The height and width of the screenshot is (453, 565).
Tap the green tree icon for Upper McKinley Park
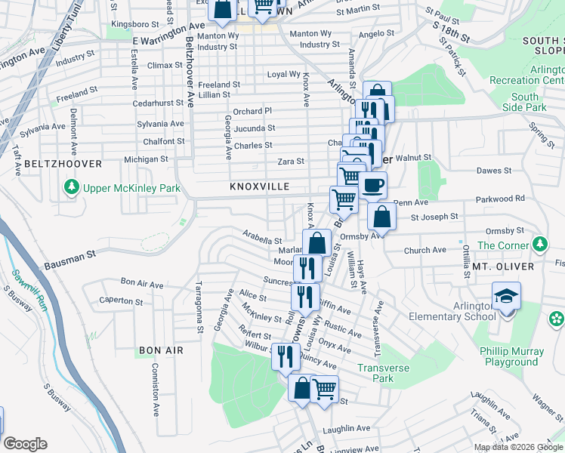[71, 186]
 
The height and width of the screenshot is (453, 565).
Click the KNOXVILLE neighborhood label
[255, 186]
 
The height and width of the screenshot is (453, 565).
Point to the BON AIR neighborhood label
[161, 350]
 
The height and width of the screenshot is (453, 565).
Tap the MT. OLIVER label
[503, 267]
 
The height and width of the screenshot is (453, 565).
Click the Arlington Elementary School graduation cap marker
[505, 297]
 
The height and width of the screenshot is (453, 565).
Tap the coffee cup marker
[372, 185]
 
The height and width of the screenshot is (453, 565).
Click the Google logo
[25, 444]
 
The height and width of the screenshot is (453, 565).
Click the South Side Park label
[524, 102]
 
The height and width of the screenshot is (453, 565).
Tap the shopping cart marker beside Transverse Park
[324, 390]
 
